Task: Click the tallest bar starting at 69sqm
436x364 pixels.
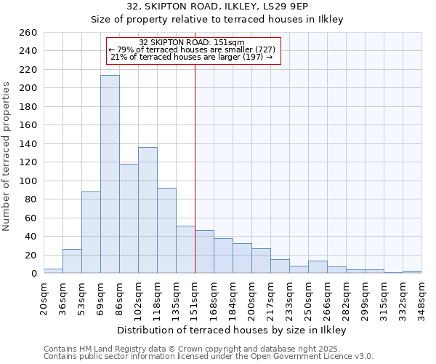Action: pyautogui.click(x=110, y=175)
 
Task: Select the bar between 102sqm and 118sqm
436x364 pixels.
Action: pyautogui.click(x=148, y=210)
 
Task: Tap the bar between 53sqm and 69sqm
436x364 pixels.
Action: pyautogui.click(x=91, y=232)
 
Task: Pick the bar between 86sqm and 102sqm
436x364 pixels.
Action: pyautogui.click(x=129, y=218)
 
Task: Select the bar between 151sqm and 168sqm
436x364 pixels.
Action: pyautogui.click(x=204, y=252)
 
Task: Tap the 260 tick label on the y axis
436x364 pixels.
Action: pyautogui.click(x=28, y=33)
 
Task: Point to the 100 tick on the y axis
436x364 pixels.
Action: pyautogui.click(x=28, y=181)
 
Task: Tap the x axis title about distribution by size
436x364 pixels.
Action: pyautogui.click(x=232, y=330)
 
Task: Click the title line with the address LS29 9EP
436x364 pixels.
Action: pyautogui.click(x=217, y=7)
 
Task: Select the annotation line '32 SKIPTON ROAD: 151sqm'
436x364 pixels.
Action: pyautogui.click(x=192, y=42)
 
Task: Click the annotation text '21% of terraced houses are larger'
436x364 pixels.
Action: pyautogui.click(x=192, y=57)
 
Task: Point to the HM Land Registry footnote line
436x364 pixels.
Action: pyautogui.click(x=207, y=349)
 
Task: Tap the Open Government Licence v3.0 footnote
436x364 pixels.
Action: pyautogui.click(x=209, y=356)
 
